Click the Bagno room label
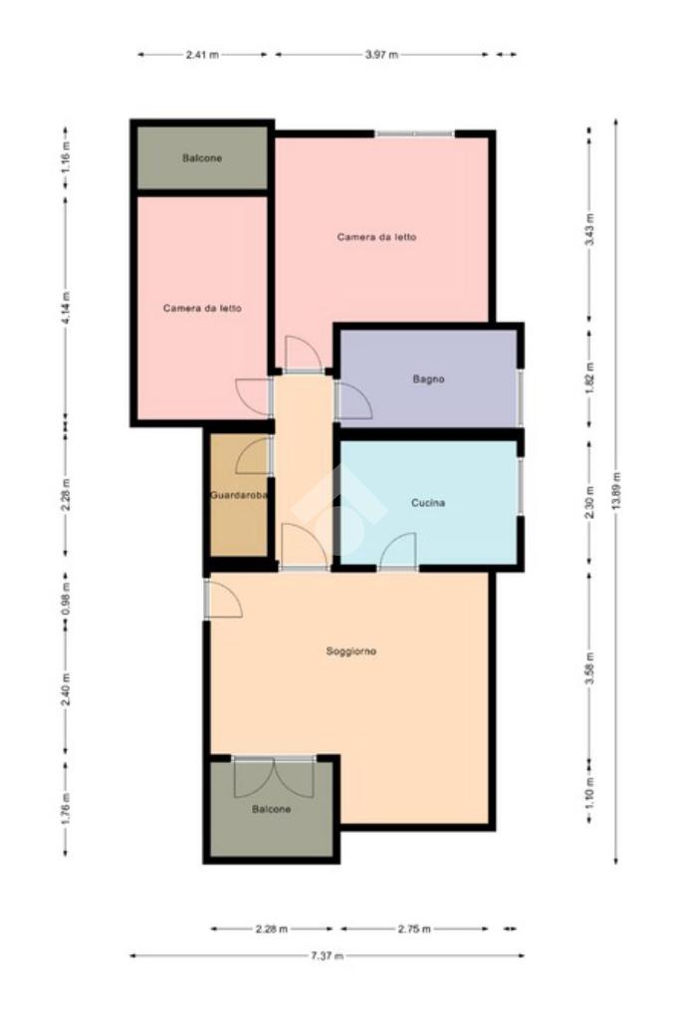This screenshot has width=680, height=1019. point(429,379)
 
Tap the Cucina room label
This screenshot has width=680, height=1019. point(428,502)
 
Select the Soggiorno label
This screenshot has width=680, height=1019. point(350,651)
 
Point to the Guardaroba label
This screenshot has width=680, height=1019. point(238,495)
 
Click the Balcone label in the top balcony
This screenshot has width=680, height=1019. point(202,158)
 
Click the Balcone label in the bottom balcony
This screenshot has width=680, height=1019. point(271,809)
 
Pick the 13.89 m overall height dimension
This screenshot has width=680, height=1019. point(615,491)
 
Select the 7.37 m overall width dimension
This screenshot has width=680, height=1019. point(327,955)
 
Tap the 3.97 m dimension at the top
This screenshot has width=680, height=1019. point(381,55)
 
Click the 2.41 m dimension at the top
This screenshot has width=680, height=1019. point(202,55)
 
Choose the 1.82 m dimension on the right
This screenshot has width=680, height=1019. point(589,380)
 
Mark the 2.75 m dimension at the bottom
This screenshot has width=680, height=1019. point(414,928)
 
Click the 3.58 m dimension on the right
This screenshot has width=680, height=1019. point(589,668)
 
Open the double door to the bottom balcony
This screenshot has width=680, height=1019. point(274,777)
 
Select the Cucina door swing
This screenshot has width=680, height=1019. point(397,550)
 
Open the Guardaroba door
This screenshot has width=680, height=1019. point(253,455)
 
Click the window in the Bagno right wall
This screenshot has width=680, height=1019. point(520,398)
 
